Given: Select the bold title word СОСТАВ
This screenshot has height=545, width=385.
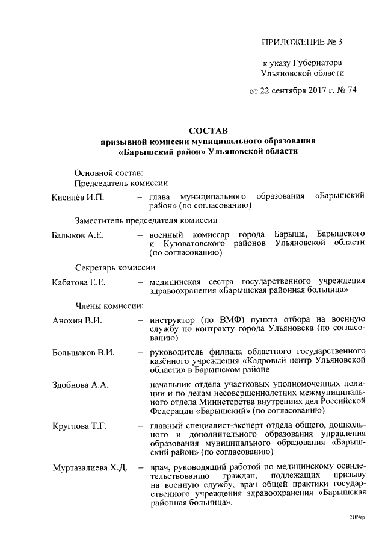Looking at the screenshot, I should pos(208,130).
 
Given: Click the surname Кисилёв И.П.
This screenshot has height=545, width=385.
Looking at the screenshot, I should pos(78,197).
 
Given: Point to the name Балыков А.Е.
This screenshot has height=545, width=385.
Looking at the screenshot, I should pos(78,234).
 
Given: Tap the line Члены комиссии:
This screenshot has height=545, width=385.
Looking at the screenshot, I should pos(109,305).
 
